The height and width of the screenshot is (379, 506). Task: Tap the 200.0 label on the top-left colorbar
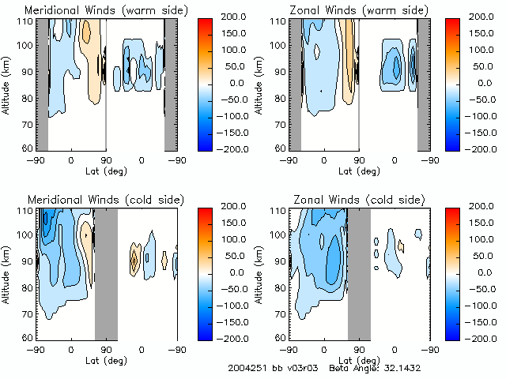(x=223, y=16)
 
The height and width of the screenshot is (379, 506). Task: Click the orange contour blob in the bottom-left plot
(x=134, y=259)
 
